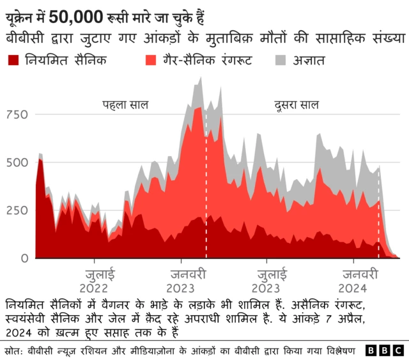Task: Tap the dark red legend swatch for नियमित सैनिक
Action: tap(13, 61)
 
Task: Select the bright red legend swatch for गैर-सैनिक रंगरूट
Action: tap(151, 61)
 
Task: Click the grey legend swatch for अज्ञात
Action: tap(280, 61)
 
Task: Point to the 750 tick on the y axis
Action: tap(18, 114)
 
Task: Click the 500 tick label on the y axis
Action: tap(18, 162)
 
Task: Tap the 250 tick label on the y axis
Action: tap(18, 210)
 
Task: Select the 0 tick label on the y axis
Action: tap(24, 258)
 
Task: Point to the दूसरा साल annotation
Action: tap(297, 105)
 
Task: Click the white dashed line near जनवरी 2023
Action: tap(206, 192)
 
